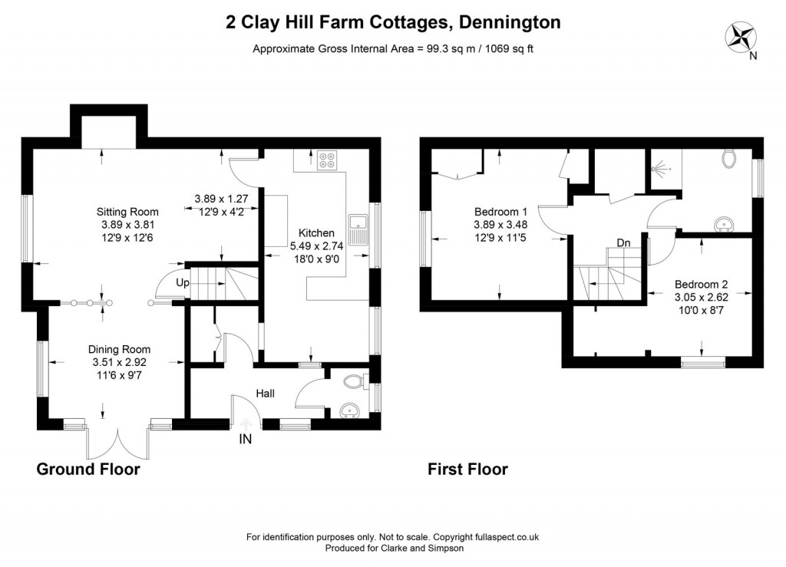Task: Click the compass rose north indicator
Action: click(x=743, y=38)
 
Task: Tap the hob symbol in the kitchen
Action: click(x=327, y=161)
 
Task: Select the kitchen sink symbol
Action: click(x=358, y=229)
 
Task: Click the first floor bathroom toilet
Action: click(x=729, y=159)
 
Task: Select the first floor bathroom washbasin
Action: click(x=722, y=224)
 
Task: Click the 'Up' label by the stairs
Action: click(x=183, y=282)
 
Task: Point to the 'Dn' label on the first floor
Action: click(x=623, y=243)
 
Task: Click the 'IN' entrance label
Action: click(x=246, y=440)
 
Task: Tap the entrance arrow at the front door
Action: click(x=246, y=424)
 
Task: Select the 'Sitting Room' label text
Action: click(x=127, y=212)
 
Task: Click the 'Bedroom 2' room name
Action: click(x=701, y=284)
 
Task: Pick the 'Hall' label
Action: click(x=265, y=394)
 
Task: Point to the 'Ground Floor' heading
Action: click(x=88, y=469)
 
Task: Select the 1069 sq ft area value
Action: click(x=505, y=48)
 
